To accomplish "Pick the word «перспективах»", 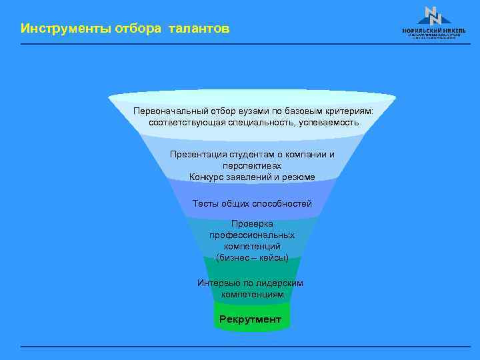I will [252, 165].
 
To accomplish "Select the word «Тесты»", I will [206, 203].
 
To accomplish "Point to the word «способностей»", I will [283, 203].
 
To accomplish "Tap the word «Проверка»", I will [252, 224].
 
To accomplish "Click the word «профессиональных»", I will [252, 235].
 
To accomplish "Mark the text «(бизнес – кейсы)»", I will [252, 257].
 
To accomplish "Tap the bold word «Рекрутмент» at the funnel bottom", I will [251, 319].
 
